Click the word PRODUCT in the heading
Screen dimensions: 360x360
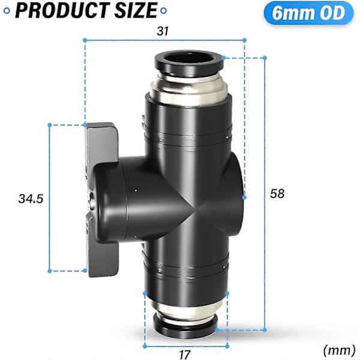(62, 10)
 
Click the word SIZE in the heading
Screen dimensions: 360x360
(136, 10)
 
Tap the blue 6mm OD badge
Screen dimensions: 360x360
(308, 13)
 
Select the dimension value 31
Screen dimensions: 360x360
(163, 31)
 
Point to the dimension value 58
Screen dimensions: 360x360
(277, 194)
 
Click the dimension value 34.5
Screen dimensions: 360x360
(31, 199)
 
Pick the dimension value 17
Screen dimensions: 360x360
(184, 355)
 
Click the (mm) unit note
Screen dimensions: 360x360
(339, 350)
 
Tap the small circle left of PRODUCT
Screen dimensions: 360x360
(7, 11)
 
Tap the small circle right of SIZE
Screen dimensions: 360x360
(163, 11)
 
